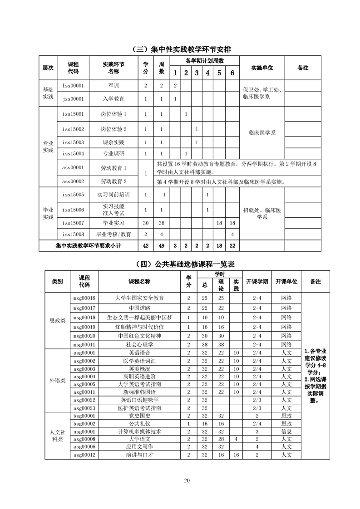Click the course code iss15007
73,223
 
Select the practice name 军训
113,85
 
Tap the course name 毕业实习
113,223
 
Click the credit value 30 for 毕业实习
146,223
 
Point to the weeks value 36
161,223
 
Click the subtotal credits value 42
146,245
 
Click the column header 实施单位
261,68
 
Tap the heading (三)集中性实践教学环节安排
181,49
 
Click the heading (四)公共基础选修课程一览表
181,264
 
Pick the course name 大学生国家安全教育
139,298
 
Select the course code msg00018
84,317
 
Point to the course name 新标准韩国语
139,392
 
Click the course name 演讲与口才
139,455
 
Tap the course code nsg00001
84,431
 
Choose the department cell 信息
286,431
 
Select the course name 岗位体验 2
113,129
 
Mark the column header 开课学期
257,281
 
